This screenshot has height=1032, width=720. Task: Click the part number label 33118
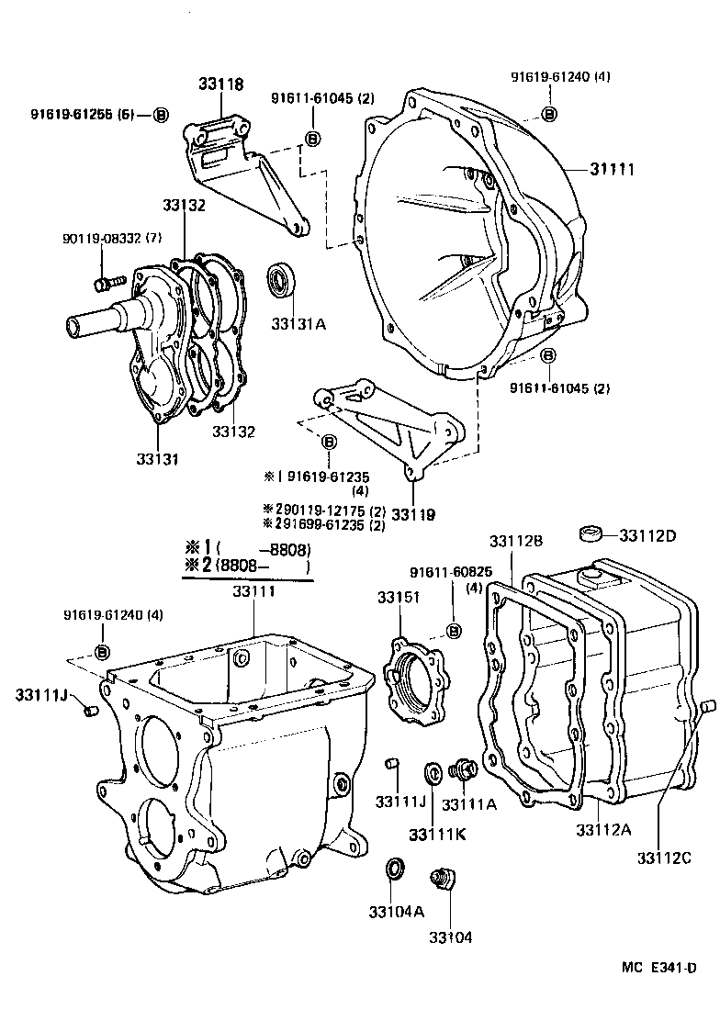221,84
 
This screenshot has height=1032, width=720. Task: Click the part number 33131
157,459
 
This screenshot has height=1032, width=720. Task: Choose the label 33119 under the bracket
413,514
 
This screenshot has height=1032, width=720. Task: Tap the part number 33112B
516,542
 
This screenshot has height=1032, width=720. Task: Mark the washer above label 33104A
393,868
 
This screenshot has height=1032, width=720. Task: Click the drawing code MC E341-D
658,968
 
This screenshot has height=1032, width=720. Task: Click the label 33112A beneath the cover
603,830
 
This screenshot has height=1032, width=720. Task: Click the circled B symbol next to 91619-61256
161,115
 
